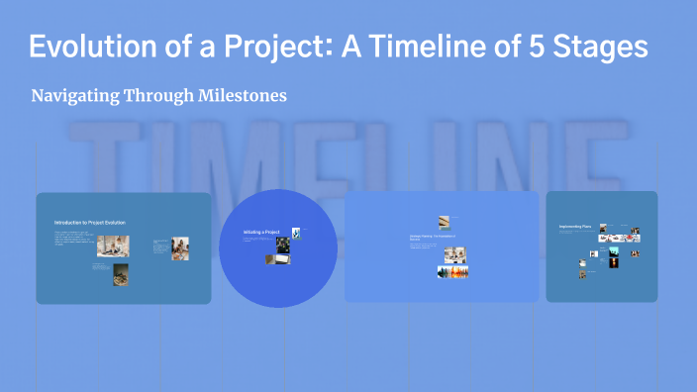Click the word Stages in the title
point(613,48)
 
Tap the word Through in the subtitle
point(164,96)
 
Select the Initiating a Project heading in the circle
point(261,232)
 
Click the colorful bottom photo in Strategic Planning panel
point(452,271)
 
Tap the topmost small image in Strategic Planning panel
point(445,221)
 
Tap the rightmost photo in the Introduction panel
point(179,247)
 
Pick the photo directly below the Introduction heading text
point(112,245)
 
